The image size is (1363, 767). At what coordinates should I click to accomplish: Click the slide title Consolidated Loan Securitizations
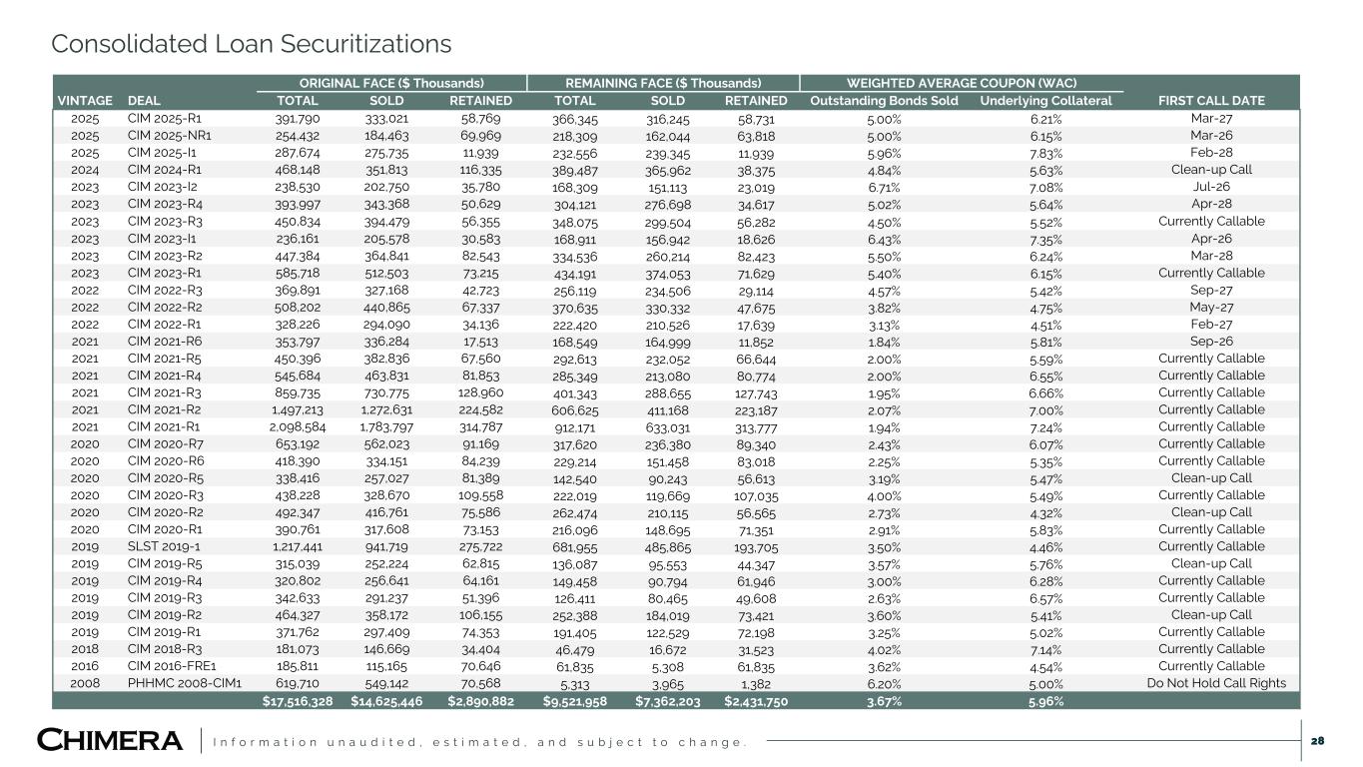[251, 45]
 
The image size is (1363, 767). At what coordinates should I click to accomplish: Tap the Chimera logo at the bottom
[110, 740]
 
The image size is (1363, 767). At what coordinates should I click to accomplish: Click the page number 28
[1317, 740]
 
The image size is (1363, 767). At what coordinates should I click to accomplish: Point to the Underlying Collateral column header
[1045, 101]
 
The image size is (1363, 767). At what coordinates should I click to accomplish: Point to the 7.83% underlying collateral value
[1045, 153]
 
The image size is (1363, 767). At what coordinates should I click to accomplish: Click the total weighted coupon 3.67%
[884, 701]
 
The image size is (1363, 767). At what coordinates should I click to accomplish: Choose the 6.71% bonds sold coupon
[884, 187]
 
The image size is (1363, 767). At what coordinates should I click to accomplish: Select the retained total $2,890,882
[481, 701]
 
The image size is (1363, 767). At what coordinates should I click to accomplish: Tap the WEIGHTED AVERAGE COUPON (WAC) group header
[962, 83]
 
